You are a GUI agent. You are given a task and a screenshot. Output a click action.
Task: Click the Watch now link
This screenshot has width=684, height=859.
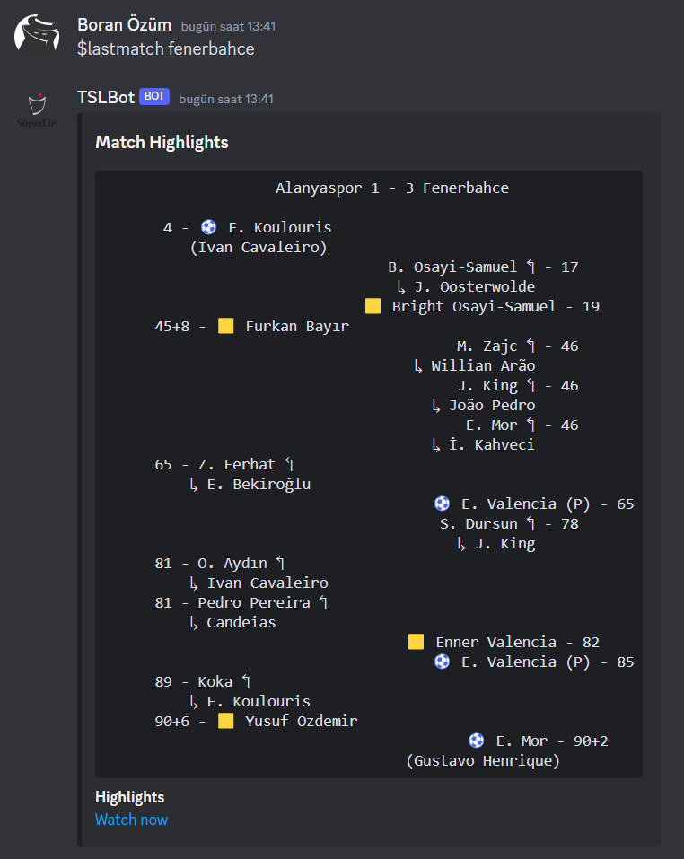131,820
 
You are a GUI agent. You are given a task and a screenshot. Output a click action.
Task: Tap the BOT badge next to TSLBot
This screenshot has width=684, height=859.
154,97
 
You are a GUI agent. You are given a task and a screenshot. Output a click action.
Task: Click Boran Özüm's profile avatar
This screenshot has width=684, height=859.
37,33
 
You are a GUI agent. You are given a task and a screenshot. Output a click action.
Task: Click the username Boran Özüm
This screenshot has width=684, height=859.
124,25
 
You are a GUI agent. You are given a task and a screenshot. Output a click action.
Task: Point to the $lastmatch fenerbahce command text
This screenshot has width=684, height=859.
166,48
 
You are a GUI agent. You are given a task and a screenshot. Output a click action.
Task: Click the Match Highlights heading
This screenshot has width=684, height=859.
162,142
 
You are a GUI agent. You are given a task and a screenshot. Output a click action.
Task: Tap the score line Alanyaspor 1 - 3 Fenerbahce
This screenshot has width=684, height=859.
392,188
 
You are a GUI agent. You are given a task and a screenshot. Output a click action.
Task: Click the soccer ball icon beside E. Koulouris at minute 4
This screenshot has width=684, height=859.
209,227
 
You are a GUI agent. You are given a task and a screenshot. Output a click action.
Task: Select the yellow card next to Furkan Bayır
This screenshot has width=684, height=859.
226,326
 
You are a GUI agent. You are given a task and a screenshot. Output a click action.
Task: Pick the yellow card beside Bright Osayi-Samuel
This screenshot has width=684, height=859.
373,306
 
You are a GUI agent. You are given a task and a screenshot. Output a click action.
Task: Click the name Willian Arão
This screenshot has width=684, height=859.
483,365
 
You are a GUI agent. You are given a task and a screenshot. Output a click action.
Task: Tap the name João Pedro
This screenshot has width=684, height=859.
492,405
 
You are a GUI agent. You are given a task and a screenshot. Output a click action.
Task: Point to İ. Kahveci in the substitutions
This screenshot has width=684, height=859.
492,444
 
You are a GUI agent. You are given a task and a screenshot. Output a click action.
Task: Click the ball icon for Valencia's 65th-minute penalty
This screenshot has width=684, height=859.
443,504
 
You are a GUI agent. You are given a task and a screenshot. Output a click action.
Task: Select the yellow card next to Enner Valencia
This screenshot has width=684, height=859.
417,642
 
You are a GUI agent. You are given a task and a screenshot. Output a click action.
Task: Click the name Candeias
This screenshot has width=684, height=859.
241,622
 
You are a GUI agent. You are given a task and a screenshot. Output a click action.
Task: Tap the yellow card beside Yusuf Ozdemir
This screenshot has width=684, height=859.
226,721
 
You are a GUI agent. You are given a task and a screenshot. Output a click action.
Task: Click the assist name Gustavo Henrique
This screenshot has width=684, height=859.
483,760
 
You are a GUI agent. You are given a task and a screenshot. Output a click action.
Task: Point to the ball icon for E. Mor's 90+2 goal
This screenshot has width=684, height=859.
477,741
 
